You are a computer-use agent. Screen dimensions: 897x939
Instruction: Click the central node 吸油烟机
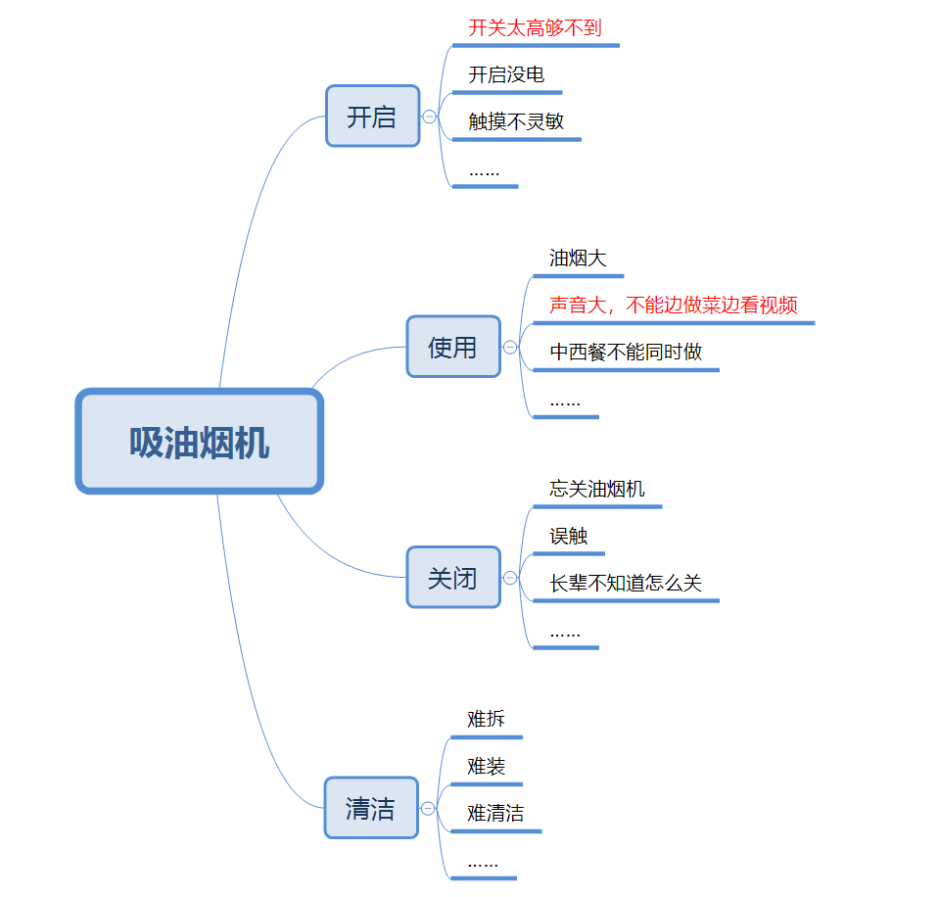tap(200, 442)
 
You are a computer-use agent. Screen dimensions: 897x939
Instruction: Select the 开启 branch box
tap(372, 117)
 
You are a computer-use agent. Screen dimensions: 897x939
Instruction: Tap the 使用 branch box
tap(453, 347)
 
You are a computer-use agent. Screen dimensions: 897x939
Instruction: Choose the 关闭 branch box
tap(453, 578)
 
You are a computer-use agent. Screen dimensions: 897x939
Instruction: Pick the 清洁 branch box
tap(371, 808)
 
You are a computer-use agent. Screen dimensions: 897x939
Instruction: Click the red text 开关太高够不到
tap(535, 27)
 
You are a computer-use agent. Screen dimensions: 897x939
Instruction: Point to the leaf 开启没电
tap(506, 74)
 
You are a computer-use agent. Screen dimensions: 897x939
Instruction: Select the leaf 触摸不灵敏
tap(516, 121)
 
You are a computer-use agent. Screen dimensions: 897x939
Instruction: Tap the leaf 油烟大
tap(578, 259)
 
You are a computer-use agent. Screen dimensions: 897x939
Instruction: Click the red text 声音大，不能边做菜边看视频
tap(674, 306)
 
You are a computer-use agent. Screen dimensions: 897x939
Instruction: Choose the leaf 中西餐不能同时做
tap(626, 352)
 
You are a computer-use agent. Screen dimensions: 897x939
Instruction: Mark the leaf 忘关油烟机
tap(597, 489)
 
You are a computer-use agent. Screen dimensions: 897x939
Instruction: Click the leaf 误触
tap(569, 536)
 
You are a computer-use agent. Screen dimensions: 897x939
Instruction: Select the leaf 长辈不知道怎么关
tap(626, 583)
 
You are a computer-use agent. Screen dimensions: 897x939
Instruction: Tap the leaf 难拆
tap(487, 719)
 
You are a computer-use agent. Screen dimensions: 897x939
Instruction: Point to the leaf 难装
tap(487, 766)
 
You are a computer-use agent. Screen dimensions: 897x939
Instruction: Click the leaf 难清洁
tap(495, 813)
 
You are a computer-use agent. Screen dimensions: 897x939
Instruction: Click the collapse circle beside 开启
tap(429, 117)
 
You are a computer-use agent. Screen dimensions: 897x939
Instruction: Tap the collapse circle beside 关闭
tap(510, 578)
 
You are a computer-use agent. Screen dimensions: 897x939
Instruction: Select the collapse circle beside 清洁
tap(428, 808)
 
